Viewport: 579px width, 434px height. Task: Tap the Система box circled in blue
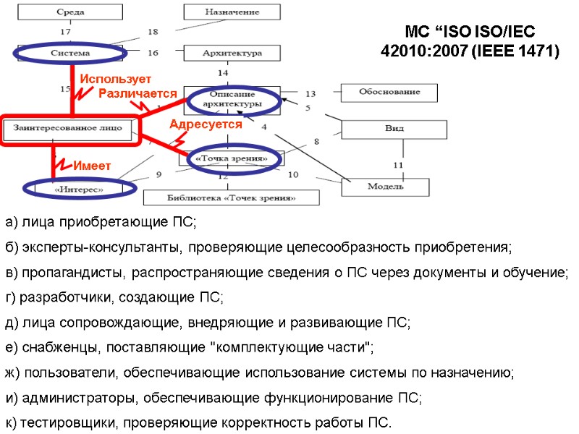[x=69, y=53]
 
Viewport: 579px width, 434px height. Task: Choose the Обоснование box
[x=390, y=93]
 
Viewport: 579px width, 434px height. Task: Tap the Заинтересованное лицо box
[x=69, y=129]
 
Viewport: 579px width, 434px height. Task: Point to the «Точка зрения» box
[x=232, y=158]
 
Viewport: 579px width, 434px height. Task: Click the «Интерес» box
[x=79, y=190]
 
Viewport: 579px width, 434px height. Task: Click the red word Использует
[x=115, y=78]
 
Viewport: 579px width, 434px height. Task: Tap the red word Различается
[x=138, y=93]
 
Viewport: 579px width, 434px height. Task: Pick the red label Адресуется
[x=206, y=124]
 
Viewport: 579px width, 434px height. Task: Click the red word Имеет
[x=90, y=166]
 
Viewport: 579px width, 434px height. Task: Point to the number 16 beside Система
[x=153, y=53]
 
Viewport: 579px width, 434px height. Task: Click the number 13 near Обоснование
[x=310, y=94]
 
